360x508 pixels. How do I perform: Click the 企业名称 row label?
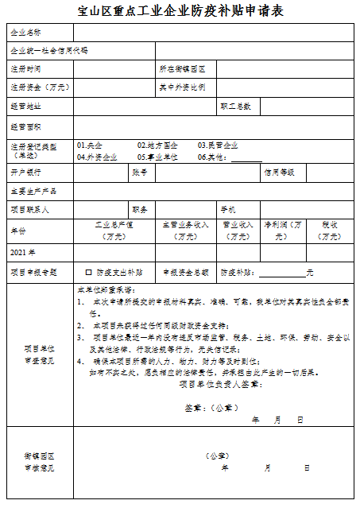point(25,33)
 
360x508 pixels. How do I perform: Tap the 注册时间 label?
point(25,69)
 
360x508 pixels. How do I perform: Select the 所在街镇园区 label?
point(183,69)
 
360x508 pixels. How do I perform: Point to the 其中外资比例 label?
point(182,87)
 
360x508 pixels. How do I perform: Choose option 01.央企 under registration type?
point(90,145)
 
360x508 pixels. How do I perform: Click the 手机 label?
point(228,209)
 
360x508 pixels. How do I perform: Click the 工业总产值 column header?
point(113,225)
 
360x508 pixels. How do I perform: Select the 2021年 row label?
point(23,252)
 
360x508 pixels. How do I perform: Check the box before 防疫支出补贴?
point(89,272)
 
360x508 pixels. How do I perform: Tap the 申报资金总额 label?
point(185,272)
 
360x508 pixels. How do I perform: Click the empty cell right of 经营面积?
point(213,126)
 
